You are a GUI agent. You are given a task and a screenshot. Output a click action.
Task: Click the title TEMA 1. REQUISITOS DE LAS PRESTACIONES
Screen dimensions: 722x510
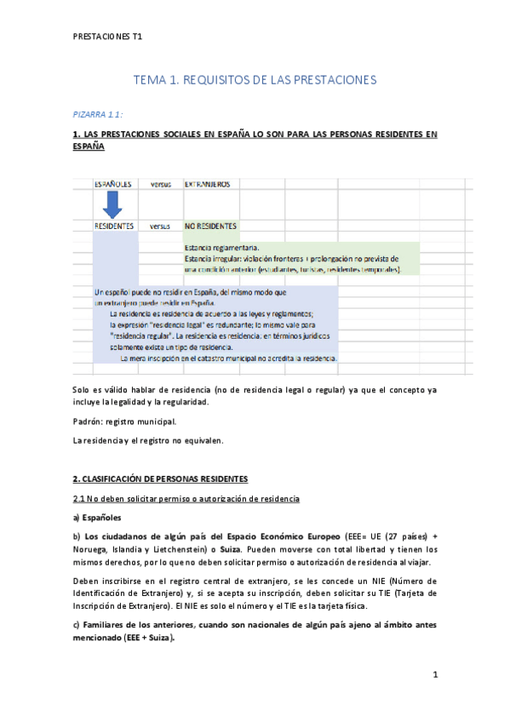(255, 80)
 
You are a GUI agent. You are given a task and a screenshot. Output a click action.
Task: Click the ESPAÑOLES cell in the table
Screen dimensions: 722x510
(113, 183)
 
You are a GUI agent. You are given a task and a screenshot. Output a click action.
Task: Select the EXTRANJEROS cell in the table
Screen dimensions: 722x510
(208, 183)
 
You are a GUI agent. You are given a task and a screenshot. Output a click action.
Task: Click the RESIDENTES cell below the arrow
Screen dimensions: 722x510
(114, 226)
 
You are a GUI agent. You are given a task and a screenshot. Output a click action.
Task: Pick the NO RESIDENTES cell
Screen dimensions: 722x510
(211, 226)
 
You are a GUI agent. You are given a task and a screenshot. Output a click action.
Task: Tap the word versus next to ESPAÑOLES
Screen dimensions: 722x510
(161, 183)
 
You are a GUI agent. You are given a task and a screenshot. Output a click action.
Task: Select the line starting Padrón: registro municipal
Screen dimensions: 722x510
(125, 421)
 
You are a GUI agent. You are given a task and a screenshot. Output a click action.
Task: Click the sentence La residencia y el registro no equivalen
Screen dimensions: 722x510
(148, 440)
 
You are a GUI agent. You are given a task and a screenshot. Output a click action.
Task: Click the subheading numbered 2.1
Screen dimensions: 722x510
(186, 497)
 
